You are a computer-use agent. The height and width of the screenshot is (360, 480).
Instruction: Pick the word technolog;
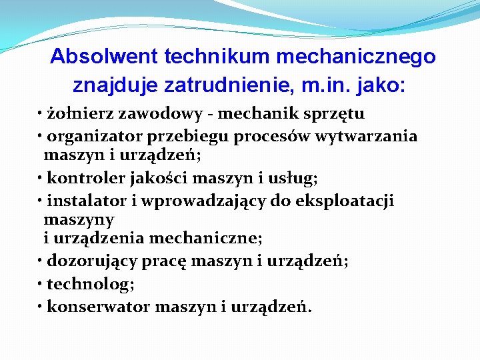[x=91, y=284]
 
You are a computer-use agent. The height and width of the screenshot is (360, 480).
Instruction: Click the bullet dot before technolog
[x=41, y=284]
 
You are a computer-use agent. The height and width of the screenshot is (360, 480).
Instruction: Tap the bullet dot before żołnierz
[x=41, y=115]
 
